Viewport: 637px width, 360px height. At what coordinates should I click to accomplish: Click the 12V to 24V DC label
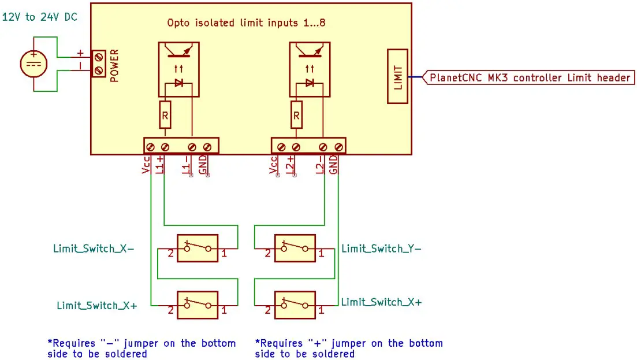40,17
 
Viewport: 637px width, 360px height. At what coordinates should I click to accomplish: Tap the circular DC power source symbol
34,64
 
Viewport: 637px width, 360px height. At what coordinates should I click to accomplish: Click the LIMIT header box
397,76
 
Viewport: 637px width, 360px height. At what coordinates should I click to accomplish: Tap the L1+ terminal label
161,164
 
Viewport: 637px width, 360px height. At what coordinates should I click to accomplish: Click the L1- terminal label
187,164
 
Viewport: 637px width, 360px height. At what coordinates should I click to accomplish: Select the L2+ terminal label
290,164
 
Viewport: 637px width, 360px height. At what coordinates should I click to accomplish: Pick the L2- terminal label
319,164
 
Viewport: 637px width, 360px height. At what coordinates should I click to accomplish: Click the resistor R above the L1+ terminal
165,114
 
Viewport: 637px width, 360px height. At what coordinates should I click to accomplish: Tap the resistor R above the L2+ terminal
296,114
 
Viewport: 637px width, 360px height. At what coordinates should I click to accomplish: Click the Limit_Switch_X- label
94,248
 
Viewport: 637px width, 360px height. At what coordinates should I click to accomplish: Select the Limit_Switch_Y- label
381,248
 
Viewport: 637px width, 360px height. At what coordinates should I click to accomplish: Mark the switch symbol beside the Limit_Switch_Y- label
295,248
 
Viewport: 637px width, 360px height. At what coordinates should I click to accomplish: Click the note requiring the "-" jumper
141,348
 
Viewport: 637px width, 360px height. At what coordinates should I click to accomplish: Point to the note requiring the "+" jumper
349,348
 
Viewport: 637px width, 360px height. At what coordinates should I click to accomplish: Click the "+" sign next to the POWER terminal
80,53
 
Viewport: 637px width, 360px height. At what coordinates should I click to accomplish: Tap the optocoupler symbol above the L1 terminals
178,69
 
